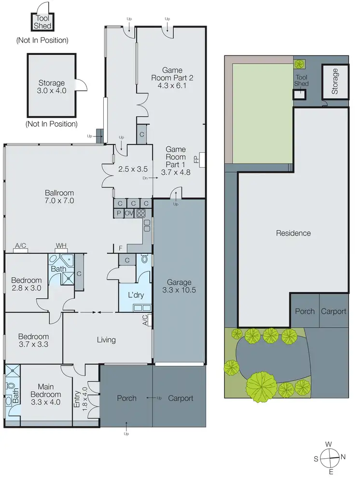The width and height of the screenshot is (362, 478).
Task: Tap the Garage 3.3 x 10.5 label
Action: pos(179,286)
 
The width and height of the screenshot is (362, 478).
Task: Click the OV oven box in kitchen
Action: pos(129,213)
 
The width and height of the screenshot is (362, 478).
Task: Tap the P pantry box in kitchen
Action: pos(118,213)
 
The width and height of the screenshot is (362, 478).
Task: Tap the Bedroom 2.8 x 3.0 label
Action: pos(27,284)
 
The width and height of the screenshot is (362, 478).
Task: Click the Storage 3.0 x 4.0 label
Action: pos(52,87)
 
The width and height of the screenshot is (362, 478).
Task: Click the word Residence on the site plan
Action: pos(293,233)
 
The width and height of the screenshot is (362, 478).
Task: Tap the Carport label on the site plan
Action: pos(334,311)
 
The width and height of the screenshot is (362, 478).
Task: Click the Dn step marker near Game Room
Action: pos(145,178)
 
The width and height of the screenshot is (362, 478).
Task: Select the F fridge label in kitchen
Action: pos(120,248)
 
